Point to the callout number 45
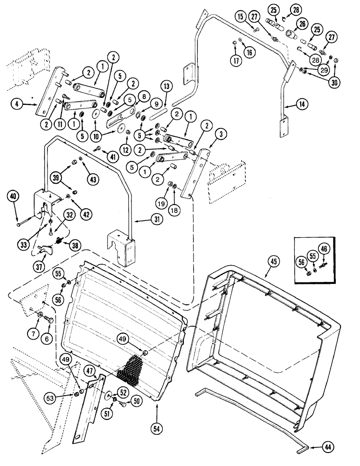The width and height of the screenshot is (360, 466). click(272, 262)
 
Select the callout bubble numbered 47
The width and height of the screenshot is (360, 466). click(90, 371)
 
